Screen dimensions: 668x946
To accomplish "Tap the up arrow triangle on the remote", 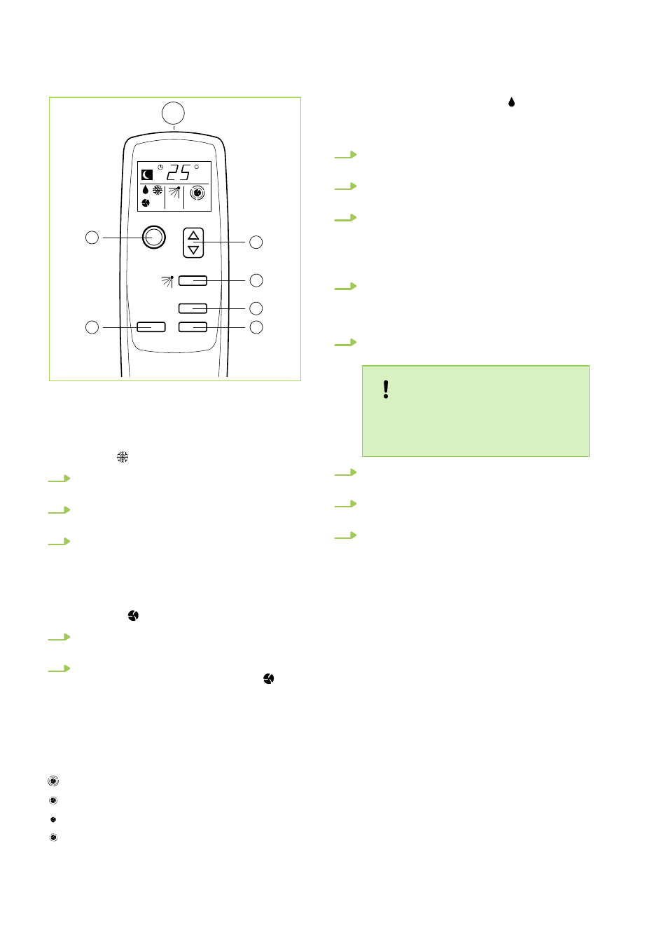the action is pyautogui.click(x=193, y=235).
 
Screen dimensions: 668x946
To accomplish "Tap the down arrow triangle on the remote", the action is pyautogui.click(x=193, y=249).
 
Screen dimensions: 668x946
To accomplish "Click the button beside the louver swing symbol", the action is pyautogui.click(x=193, y=281).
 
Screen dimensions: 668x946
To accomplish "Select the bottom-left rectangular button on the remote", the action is pyautogui.click(x=151, y=327).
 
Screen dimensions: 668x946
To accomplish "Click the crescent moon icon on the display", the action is pyautogui.click(x=147, y=174).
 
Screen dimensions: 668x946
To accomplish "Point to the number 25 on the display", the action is pyautogui.click(x=179, y=172).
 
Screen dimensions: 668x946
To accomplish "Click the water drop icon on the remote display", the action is pyautogui.click(x=146, y=190).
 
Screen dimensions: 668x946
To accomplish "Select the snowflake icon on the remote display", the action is pyautogui.click(x=158, y=190).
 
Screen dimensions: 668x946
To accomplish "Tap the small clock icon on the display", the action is pyautogui.click(x=160, y=167).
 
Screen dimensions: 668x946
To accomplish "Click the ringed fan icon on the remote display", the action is pyautogui.click(x=197, y=193).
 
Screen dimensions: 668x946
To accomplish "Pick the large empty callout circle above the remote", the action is pyautogui.click(x=173, y=114).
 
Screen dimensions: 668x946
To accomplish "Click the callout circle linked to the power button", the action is pyautogui.click(x=92, y=238).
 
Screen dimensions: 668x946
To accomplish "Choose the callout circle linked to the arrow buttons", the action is pyautogui.click(x=256, y=242).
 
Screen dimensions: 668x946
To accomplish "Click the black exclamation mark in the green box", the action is pyautogui.click(x=386, y=390).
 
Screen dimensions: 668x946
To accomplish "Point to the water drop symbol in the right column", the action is pyautogui.click(x=511, y=102).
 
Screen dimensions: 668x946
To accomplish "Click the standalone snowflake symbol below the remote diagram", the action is pyautogui.click(x=123, y=457).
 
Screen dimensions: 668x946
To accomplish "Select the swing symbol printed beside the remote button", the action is pyautogui.click(x=168, y=281).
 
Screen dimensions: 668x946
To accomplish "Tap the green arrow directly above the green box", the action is pyautogui.click(x=346, y=343).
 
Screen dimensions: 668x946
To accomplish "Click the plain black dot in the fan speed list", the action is pyautogui.click(x=53, y=820).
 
